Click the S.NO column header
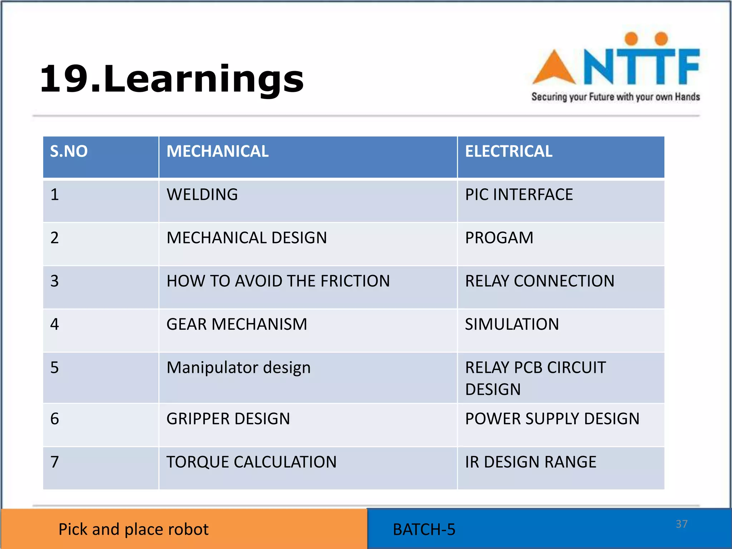[x=69, y=152]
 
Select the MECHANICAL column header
[x=217, y=152]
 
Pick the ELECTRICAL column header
[x=509, y=152]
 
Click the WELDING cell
[x=202, y=195]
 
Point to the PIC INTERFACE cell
[x=519, y=195]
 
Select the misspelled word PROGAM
[x=499, y=238]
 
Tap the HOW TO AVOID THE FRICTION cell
[x=278, y=281]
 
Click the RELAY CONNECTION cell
[x=539, y=281]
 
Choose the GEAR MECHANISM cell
[x=237, y=325]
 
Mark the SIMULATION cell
[x=512, y=325]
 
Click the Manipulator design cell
[x=238, y=368]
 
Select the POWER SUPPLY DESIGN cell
[x=552, y=419]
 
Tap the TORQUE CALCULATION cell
[x=251, y=462]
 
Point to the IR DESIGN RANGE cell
[x=530, y=462]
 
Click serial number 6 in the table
[x=55, y=419]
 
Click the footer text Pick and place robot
[x=133, y=529]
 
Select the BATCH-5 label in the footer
[x=424, y=530]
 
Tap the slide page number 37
[x=681, y=524]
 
